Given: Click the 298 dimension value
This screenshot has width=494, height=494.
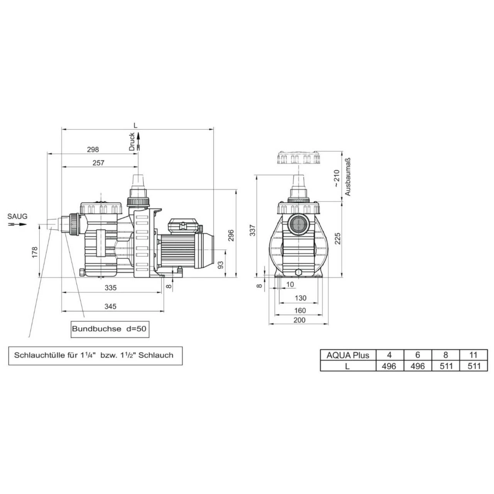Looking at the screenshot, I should coord(93,149).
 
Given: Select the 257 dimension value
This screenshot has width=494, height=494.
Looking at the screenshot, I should coord(98,163).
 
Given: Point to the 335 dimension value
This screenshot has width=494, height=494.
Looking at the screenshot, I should coord(110,288).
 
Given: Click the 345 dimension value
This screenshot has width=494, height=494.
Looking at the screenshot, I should coord(110,306).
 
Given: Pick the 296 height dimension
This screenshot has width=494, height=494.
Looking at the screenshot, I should coord(231,235).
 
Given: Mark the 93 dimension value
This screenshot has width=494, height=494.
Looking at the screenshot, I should coord(220,265).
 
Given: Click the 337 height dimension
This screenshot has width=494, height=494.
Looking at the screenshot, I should coord(253,230).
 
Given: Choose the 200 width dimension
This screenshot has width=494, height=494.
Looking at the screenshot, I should coord(299,320).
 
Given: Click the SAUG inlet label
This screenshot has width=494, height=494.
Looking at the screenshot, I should coord(18,217).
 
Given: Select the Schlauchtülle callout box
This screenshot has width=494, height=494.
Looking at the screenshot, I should coord(95,355).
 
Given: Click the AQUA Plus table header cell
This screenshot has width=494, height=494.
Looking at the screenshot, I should coord(348,355).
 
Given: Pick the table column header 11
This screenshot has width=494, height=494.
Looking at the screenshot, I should coord(474,355).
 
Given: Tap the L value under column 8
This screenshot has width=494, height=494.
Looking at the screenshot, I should coord(446,366).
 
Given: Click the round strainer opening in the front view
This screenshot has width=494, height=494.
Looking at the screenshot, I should coord(298,224).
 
